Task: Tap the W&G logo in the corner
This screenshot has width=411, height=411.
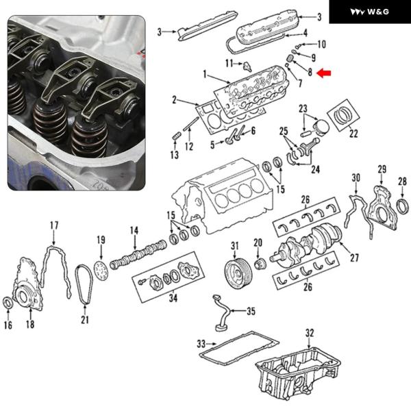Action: coord(370,12)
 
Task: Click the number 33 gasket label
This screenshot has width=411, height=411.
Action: coord(201,343)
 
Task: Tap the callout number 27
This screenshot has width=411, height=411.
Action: coord(354,258)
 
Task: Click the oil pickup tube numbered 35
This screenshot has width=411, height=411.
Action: coord(227,316)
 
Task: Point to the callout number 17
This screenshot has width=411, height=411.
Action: coord(54,225)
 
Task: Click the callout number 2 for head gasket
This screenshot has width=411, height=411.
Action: coord(175,100)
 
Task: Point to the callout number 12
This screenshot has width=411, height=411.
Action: coord(190,146)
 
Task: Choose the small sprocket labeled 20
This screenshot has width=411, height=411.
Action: coord(259,264)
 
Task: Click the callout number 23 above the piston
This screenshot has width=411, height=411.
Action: coord(302,109)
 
